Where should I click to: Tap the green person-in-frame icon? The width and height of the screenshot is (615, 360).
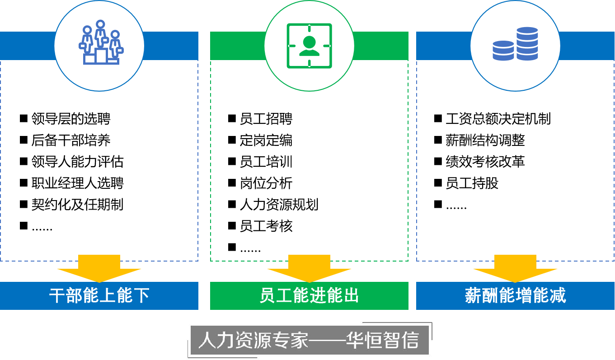coord(309,46)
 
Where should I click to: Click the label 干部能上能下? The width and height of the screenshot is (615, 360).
coord(99,296)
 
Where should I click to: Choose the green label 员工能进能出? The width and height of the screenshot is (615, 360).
coord(309,296)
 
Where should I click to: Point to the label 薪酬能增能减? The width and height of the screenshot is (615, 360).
coord(515,296)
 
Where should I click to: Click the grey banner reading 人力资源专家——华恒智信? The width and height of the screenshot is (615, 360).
coord(309,340)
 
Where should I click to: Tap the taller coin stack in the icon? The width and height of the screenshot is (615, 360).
coord(527,43)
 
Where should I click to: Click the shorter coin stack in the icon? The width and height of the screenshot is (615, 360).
coord(503,51)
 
